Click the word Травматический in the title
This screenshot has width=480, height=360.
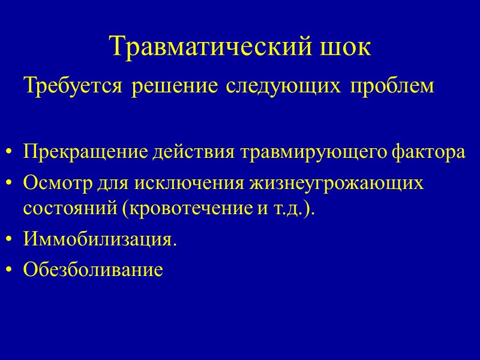click(211, 47)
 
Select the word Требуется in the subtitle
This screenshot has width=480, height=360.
click(73, 87)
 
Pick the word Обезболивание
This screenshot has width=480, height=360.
click(92, 271)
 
